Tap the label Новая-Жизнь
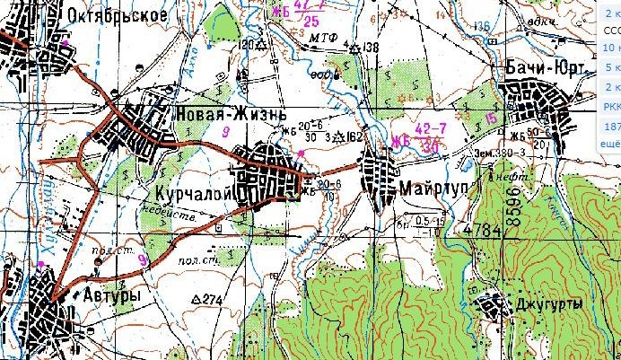(230, 115)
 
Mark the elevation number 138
(371, 46)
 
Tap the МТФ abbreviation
(320, 40)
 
